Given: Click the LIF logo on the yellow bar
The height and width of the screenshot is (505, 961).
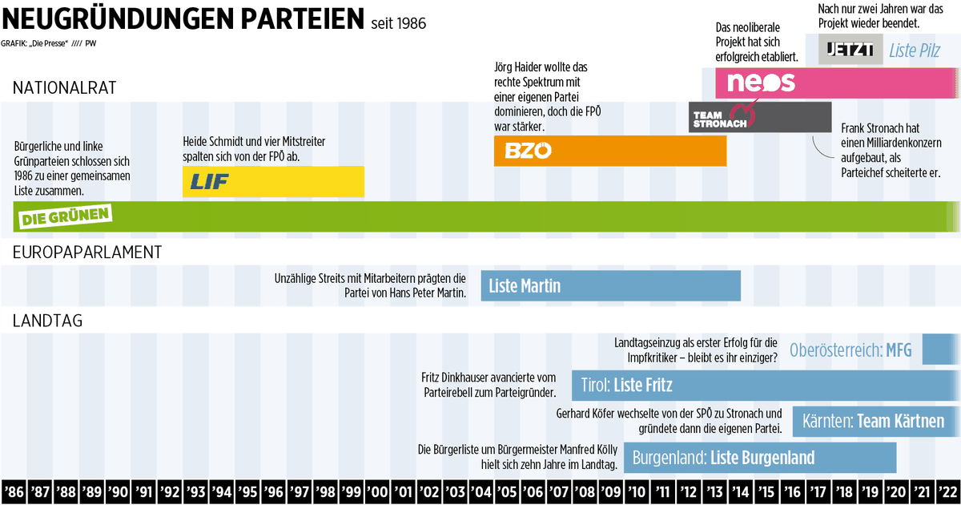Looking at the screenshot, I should click(x=209, y=182).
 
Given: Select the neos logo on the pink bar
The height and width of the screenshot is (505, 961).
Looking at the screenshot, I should click(x=760, y=83).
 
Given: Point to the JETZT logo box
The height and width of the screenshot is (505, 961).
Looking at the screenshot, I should click(x=850, y=50).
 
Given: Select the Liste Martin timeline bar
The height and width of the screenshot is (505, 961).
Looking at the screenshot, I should click(x=610, y=286).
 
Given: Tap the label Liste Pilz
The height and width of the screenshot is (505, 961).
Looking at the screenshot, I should click(x=914, y=51).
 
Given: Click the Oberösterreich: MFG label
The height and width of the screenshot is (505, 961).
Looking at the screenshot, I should click(x=850, y=350).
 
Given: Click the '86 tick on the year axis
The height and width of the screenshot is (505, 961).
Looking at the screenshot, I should click(x=14, y=491).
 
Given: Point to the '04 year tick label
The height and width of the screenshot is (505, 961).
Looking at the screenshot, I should click(x=480, y=491).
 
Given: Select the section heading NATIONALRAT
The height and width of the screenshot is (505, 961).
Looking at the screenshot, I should click(x=64, y=89).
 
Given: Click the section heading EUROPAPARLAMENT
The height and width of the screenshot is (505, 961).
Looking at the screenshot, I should click(x=87, y=252).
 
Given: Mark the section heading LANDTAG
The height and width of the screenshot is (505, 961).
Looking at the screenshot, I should click(x=47, y=321).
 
